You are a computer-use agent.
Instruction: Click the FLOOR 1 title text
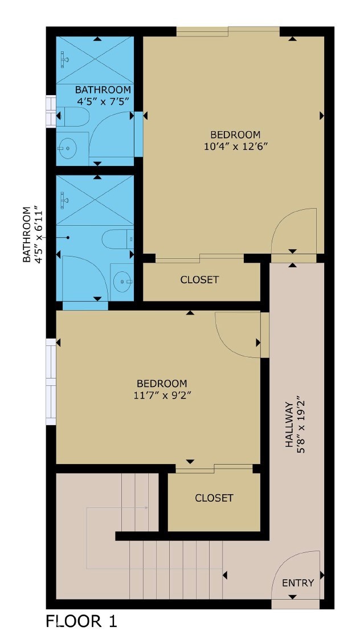click(x=81, y=621)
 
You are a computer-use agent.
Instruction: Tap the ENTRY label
click(x=298, y=583)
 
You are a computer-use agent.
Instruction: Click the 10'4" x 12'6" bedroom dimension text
click(x=235, y=146)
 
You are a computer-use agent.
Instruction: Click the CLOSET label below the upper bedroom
click(x=199, y=280)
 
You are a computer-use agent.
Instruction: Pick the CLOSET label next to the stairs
click(x=214, y=498)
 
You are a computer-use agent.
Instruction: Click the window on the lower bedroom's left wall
click(x=51, y=382)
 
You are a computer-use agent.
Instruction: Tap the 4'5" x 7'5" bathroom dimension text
click(x=103, y=101)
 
